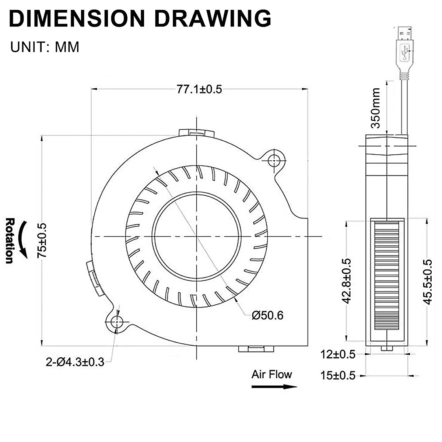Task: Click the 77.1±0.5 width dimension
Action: (x=199, y=90)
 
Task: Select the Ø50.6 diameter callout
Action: (x=267, y=315)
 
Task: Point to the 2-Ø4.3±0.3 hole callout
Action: (x=75, y=362)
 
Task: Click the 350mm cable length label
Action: (x=375, y=108)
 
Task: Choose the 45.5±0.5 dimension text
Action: (x=428, y=282)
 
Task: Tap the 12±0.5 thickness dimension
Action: (x=338, y=354)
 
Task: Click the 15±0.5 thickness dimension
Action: (x=338, y=375)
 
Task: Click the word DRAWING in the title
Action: (x=213, y=19)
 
